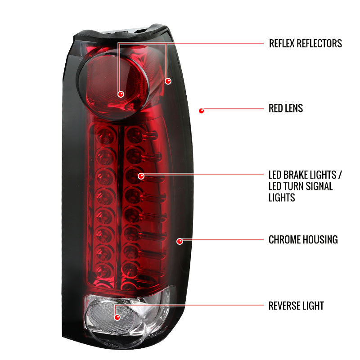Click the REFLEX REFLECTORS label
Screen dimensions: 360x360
[x=305, y=44]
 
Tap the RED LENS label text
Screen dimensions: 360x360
[x=286, y=108]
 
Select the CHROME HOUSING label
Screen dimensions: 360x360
[x=303, y=239]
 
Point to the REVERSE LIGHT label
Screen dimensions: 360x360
[x=296, y=306]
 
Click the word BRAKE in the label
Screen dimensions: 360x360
[x=301, y=175]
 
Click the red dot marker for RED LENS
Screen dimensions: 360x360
[x=201, y=110]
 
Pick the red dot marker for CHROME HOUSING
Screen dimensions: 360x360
[x=180, y=241]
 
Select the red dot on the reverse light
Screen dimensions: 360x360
[x=117, y=317]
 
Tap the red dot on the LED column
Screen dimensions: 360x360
[x=141, y=176]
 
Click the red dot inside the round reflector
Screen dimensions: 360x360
[x=121, y=94]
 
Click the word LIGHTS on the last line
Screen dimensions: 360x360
[x=282, y=197]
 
